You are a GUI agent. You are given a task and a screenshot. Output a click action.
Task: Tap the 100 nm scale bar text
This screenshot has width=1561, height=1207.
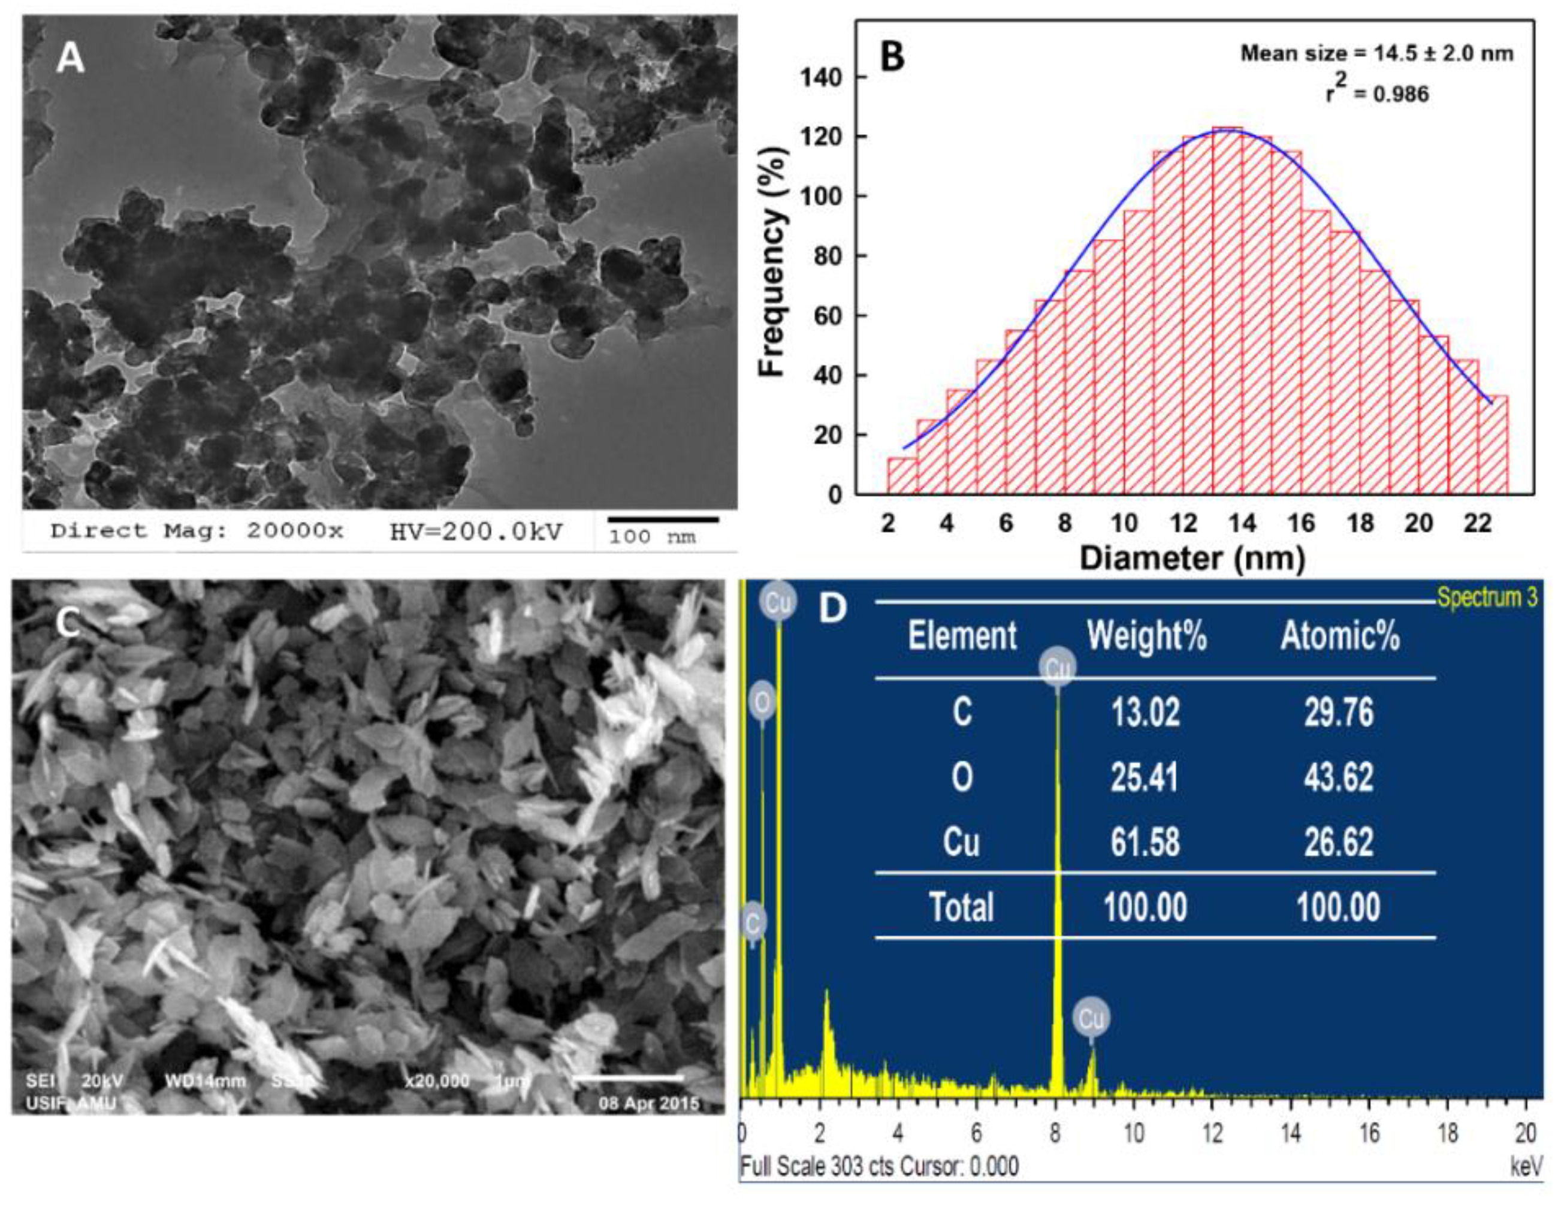651,537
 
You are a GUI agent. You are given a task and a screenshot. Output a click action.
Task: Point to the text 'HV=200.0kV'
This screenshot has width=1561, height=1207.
476,531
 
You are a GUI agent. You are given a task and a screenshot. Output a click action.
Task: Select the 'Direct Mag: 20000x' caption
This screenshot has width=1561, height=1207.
197,531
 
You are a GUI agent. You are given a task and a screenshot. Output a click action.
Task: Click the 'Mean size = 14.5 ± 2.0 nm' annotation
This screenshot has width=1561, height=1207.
1376,53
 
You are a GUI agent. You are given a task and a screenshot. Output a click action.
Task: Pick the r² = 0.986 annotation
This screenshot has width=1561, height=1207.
1378,93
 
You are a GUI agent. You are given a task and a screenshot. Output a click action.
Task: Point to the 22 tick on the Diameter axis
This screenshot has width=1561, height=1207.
1477,524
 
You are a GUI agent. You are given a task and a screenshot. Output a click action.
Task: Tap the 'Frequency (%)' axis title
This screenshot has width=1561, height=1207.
774,261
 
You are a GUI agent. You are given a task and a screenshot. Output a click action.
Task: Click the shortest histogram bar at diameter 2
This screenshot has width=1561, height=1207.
902,475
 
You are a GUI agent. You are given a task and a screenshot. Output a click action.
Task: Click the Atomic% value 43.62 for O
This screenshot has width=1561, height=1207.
1338,777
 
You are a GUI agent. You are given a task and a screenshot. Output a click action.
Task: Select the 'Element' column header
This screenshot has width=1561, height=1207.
962,635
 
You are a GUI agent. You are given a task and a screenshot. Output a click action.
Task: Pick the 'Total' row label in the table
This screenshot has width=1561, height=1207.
961,907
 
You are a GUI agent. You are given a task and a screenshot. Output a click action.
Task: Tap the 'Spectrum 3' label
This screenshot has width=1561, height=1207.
1487,597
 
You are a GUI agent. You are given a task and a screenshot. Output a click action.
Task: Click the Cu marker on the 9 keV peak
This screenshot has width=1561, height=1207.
1091,1018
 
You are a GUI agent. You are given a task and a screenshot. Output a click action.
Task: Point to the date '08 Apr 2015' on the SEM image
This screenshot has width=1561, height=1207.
649,1103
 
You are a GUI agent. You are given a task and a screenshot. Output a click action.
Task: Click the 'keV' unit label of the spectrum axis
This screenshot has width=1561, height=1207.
1526,1166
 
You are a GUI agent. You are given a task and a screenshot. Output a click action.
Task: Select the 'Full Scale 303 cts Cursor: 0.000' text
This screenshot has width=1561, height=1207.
879,1166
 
